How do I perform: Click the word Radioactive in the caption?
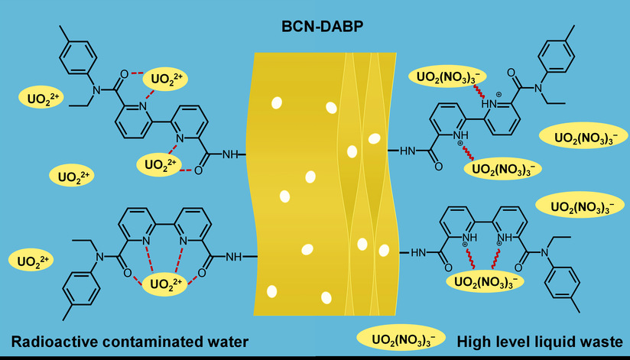click(x=56, y=341)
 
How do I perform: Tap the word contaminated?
click(x=161, y=341)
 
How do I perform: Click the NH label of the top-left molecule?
click(x=230, y=154)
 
